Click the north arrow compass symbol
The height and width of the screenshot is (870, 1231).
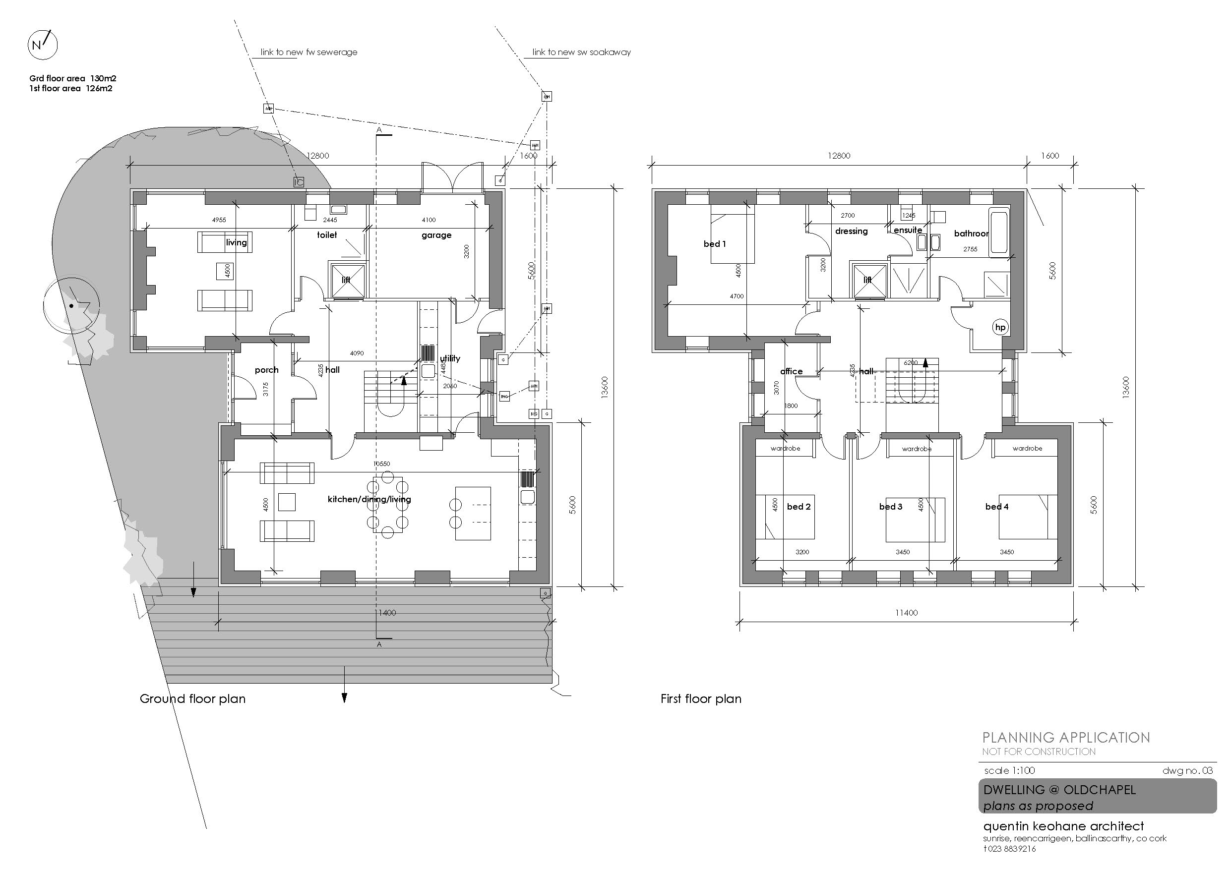[42, 45]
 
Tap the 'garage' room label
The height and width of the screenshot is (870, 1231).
[436, 235]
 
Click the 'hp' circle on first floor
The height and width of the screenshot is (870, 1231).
[1000, 328]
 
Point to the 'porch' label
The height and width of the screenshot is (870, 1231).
[266, 370]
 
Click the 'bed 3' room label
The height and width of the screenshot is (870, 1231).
[891, 507]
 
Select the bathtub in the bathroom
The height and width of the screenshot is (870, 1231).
[999, 232]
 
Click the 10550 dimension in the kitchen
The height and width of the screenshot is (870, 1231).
[382, 464]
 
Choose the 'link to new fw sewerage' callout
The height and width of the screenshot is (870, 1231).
[309, 53]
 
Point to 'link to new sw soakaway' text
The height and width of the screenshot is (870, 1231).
[581, 53]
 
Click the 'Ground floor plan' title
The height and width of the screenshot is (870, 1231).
[192, 699]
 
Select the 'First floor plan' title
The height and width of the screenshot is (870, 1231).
[701, 699]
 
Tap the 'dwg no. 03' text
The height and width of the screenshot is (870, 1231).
[1187, 771]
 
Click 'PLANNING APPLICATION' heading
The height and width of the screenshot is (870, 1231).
[1066, 738]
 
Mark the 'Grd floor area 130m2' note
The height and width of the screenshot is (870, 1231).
[73, 78]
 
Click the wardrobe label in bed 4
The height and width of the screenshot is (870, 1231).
[1027, 448]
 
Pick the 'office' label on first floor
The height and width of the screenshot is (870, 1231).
[792, 371]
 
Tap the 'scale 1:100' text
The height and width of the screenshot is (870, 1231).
[1010, 771]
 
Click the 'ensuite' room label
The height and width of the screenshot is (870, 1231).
[908, 231]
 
